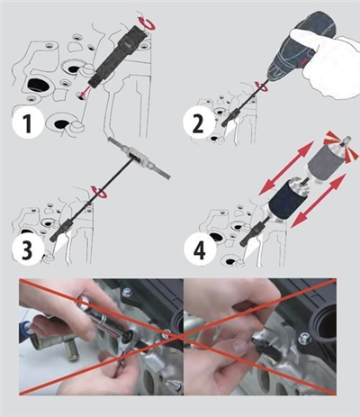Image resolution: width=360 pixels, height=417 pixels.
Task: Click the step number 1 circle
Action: tap(28, 123)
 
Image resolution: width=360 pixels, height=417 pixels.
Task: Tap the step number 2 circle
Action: tap(199, 123)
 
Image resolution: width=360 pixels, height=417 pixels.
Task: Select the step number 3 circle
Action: tap(27, 250)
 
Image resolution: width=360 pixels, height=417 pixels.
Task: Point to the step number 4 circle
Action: tap(200, 250)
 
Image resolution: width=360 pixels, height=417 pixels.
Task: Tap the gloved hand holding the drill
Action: tap(326, 65)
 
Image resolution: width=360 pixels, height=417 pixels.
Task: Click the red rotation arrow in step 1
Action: tap(147, 23)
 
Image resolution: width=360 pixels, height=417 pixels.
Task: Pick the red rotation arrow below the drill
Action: tap(260, 86)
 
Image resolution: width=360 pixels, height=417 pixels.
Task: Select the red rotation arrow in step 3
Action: tap(100, 192)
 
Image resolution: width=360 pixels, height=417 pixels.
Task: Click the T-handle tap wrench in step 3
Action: tap(139, 159)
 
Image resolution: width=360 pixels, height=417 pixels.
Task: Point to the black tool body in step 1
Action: tap(118, 57)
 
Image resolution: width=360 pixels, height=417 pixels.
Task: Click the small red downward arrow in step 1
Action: tap(84, 91)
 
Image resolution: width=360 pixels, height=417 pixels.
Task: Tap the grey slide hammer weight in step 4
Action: tap(325, 161)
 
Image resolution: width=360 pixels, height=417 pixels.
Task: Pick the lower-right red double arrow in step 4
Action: tap(317, 201)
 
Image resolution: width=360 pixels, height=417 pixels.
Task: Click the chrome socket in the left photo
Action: tap(107, 319)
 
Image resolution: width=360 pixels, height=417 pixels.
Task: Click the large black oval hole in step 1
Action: tap(38, 86)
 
